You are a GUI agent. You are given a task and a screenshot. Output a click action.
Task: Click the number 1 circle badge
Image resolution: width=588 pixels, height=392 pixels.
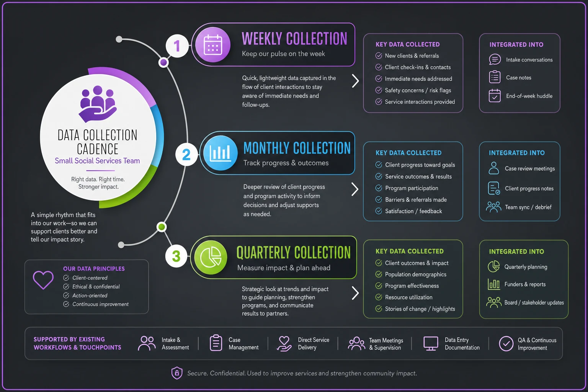point(177,46)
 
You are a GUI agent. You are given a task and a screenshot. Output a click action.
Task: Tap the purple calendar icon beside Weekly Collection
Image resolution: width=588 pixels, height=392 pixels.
point(213,45)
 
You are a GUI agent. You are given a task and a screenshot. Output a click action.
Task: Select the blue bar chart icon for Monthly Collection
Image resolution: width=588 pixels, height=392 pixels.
point(220,153)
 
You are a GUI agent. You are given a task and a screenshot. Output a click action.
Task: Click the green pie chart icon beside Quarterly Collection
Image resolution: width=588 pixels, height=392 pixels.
point(211,257)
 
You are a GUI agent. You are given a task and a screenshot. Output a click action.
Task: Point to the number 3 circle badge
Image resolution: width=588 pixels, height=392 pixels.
point(176,256)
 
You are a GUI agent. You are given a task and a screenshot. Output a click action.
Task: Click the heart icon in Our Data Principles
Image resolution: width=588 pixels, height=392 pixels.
point(43,280)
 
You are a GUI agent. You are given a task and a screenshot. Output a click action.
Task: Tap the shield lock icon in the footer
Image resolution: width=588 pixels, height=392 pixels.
point(177,373)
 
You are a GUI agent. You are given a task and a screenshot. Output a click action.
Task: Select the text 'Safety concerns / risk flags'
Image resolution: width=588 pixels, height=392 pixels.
point(418,90)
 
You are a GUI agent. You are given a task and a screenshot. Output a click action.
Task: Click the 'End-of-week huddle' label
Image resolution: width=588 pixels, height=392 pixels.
point(529,96)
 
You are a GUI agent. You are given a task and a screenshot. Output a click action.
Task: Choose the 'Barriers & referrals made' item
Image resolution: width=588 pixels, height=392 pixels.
point(416,200)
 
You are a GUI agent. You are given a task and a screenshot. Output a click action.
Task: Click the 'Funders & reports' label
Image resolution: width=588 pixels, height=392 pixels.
point(525,284)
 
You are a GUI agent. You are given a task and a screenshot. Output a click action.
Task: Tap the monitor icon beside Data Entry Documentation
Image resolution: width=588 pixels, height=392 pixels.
point(431,343)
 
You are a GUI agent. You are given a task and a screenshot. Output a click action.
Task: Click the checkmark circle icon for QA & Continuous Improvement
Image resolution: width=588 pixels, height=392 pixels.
point(506,343)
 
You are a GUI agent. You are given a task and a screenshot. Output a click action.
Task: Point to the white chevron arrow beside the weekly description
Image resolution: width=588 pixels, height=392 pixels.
point(355,81)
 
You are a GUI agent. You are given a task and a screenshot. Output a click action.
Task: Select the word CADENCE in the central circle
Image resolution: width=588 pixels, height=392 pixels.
point(98,149)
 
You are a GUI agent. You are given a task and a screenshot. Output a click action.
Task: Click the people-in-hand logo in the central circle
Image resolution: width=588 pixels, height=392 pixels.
point(97,104)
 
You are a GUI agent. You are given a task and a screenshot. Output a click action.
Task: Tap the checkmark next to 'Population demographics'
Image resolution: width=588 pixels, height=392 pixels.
point(379,274)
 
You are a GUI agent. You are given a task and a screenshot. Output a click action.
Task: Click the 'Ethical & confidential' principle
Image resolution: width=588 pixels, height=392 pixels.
point(96,287)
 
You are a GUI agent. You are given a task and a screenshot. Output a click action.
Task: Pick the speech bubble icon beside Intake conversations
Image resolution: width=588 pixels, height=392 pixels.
point(495,59)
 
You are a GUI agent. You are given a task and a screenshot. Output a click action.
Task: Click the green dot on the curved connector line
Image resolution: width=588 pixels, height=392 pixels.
point(162,227)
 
